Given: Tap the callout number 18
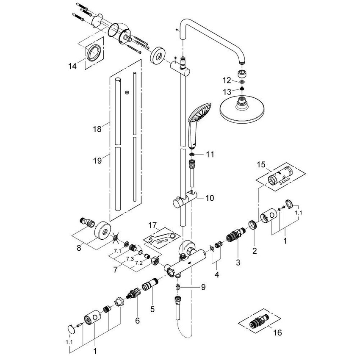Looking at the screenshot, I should (98, 129).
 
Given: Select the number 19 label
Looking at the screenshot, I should (98, 161).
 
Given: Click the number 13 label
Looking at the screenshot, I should (227, 92).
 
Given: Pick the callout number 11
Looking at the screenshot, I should (210, 155).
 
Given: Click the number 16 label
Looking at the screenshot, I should (277, 333).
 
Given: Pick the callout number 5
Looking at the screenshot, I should (152, 309).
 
